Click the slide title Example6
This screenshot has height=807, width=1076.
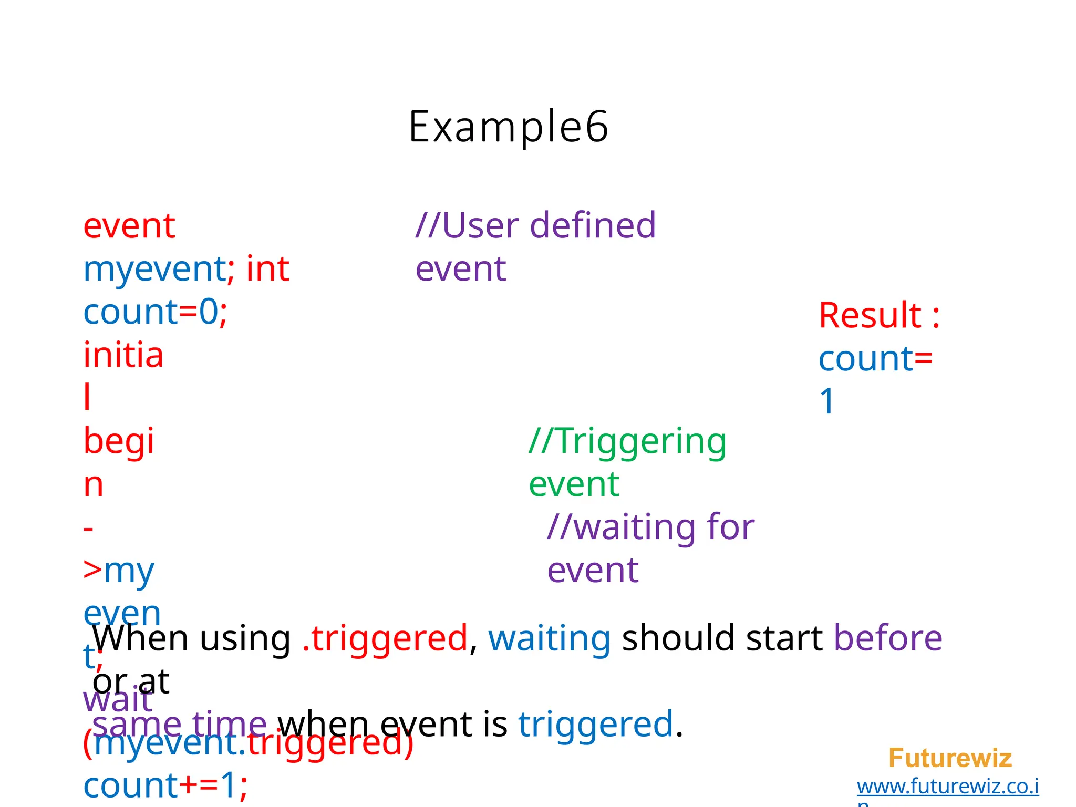(508, 127)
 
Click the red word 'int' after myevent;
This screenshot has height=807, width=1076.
(267, 269)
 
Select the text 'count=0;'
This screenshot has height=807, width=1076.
(155, 312)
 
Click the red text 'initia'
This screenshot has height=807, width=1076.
(123, 355)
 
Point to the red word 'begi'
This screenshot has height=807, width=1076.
(119, 441)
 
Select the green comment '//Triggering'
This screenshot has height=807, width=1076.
(627, 441)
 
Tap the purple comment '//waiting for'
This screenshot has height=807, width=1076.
(650, 527)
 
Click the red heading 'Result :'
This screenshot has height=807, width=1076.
(879, 316)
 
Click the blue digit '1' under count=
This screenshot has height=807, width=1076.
(827, 401)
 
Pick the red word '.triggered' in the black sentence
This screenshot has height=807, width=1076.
(385, 639)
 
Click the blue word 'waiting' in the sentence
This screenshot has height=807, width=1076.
(549, 639)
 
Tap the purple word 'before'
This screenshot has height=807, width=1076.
(888, 638)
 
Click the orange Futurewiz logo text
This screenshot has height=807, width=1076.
(949, 758)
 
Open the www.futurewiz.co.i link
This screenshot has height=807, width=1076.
(947, 787)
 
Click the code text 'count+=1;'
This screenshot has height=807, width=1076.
(165, 786)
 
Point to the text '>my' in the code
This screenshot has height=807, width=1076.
(119, 571)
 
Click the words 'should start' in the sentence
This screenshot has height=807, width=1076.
(722, 638)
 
